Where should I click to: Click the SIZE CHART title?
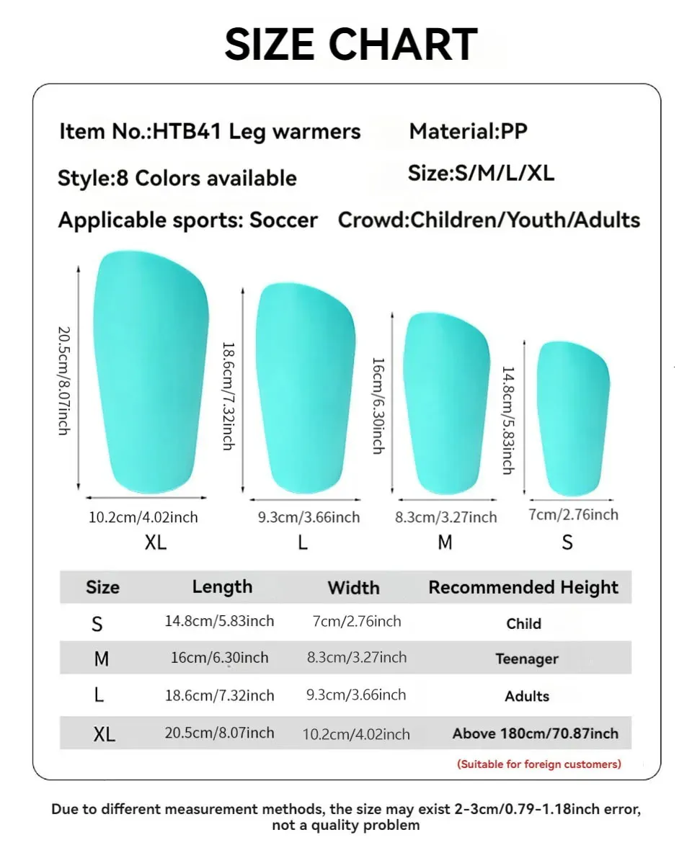tap(350, 44)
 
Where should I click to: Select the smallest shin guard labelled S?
tap(573, 418)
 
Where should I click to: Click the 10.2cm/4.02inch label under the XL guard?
tap(143, 517)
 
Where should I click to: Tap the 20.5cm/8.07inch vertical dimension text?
tap(63, 380)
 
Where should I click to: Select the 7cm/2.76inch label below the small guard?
tap(573, 514)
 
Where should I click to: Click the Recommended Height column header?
tap(523, 587)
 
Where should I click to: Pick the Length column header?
tap(222, 587)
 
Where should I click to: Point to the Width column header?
tap(353, 588)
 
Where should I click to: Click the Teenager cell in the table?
tap(527, 658)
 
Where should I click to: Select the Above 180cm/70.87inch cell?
tap(536, 733)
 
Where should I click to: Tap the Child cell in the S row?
tap(524, 624)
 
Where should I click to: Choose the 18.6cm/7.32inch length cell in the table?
tap(220, 695)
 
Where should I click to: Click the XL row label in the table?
tap(104, 734)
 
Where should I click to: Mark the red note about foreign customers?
tap(539, 764)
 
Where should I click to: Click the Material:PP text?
tap(468, 131)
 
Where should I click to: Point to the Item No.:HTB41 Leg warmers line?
tap(210, 132)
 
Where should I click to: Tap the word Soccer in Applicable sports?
tap(283, 220)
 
